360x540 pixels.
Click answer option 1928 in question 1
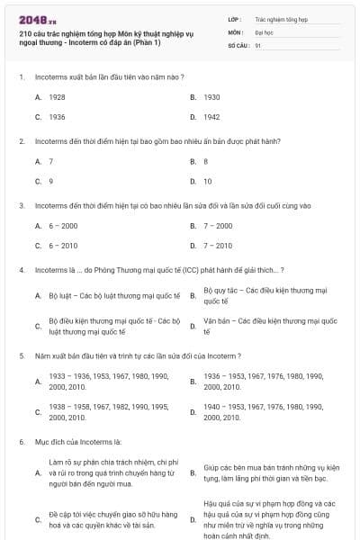click(x=57, y=96)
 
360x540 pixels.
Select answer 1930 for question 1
click(x=211, y=96)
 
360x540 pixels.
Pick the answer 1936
click(x=57, y=117)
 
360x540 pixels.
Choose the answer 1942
click(x=211, y=117)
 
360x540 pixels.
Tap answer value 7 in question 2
click(x=51, y=161)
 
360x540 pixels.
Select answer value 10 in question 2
click(x=208, y=181)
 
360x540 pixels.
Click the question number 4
click(x=21, y=269)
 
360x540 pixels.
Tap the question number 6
click(x=21, y=442)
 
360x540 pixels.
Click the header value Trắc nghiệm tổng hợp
click(x=280, y=18)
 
